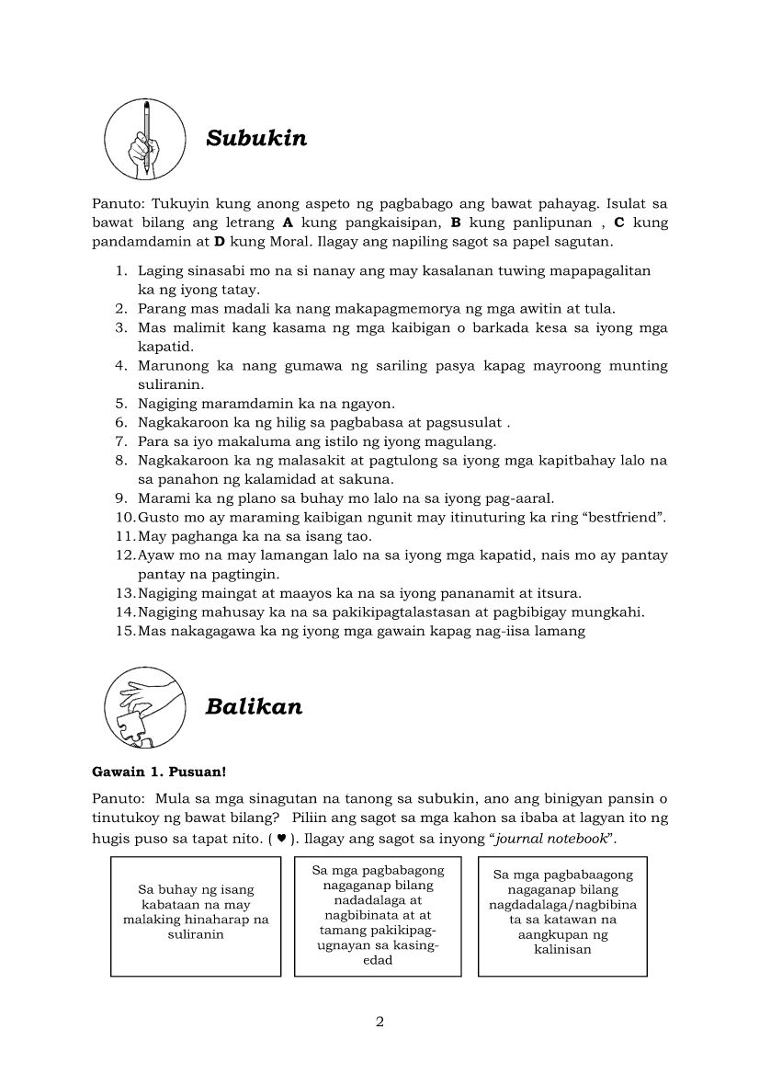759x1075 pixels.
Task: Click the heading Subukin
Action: coord(256,138)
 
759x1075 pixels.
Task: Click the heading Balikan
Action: coord(254,706)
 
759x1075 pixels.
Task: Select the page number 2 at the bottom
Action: coord(379,1022)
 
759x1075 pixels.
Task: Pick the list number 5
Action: coord(120,404)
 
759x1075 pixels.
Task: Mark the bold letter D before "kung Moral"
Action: coord(220,242)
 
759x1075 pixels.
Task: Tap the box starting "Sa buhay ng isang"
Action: coord(196,915)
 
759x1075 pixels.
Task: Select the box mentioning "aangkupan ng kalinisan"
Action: coord(562,915)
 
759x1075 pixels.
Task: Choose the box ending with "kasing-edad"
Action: coord(379,915)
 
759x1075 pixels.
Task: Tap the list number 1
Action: coord(120,271)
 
